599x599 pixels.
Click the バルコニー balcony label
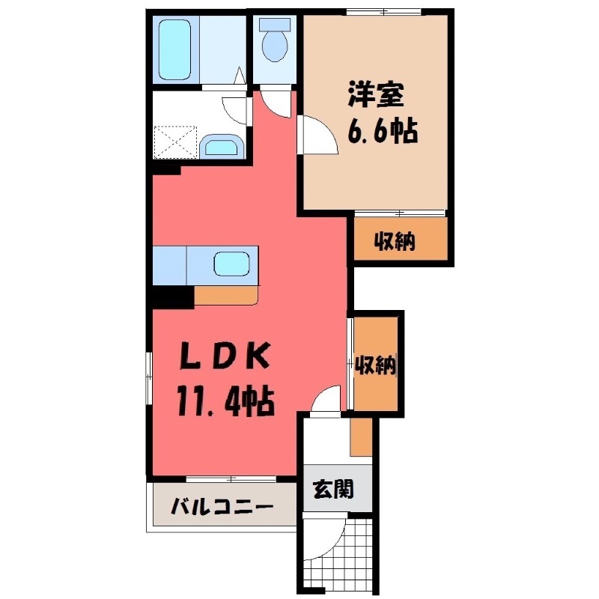[x=221, y=508]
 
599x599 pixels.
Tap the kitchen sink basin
[x=232, y=264]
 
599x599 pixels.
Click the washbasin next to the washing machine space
[x=221, y=145]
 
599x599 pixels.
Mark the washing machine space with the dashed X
[x=175, y=140]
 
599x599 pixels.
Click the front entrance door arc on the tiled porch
[x=326, y=539]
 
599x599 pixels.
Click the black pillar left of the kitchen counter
[x=170, y=297]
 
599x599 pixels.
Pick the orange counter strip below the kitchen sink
[x=225, y=295]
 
